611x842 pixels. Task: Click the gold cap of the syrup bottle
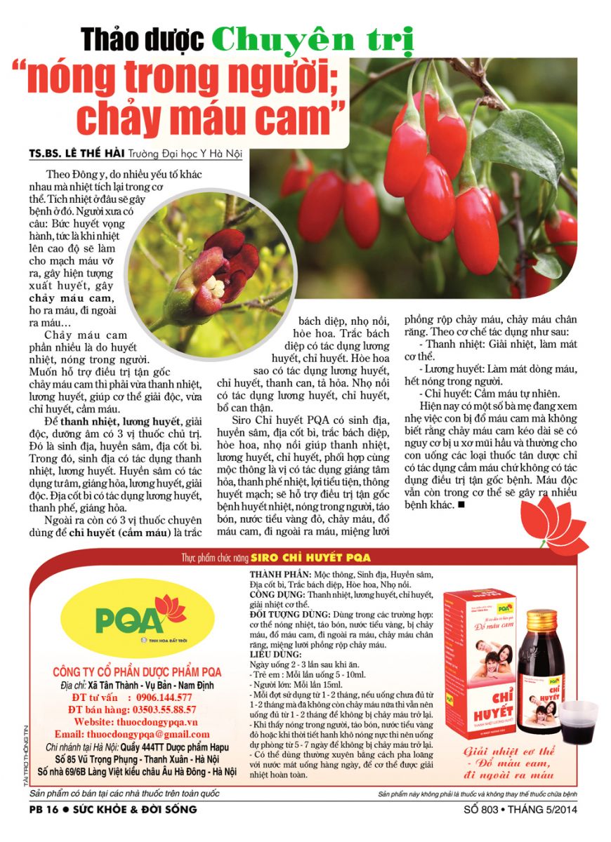tap(541, 620)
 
